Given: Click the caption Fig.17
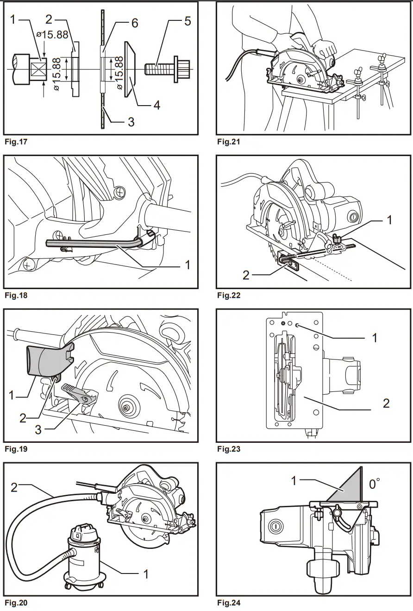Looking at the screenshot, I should click(16, 142).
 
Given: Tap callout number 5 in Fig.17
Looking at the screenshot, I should click(187, 21).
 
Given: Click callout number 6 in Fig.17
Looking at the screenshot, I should click(135, 23).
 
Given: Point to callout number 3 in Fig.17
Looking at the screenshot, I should click(131, 122).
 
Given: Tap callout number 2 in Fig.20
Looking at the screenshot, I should click(14, 487).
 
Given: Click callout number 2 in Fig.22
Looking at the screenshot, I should click(246, 276).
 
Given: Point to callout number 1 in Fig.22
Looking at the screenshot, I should click(389, 220).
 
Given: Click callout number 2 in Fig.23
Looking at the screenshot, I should click(386, 403).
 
